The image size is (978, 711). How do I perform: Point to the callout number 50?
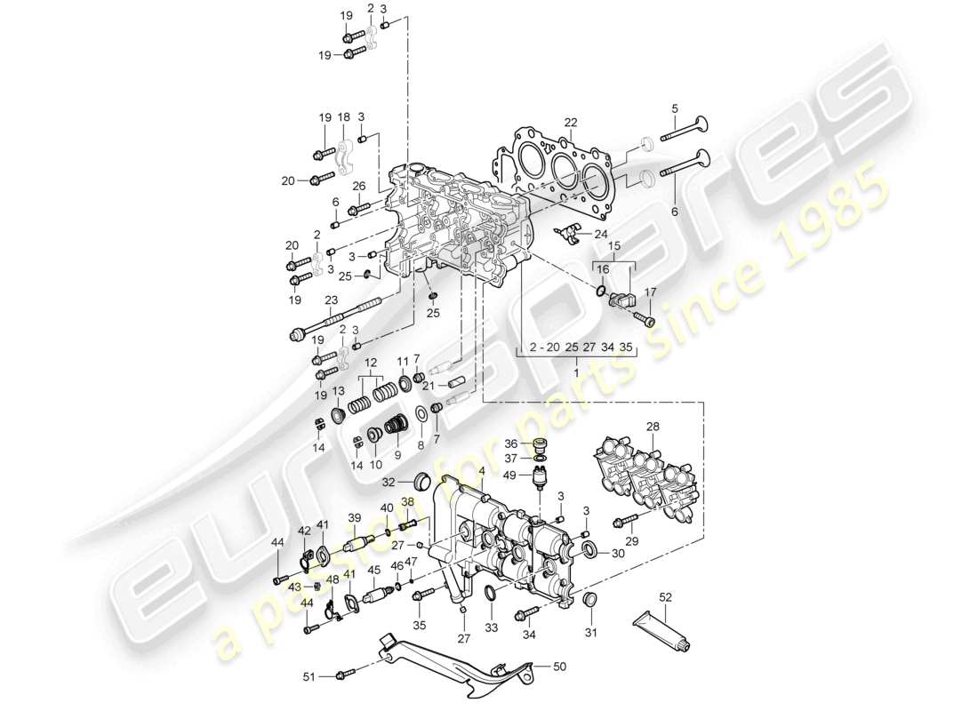559,665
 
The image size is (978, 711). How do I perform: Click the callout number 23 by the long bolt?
332,300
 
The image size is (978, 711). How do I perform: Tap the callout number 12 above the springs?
369,363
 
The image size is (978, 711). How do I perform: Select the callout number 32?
389,483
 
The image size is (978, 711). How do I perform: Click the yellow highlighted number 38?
408,501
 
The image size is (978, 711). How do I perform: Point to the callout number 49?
510,475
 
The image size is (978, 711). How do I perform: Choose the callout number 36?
509,443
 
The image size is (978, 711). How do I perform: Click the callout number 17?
649,291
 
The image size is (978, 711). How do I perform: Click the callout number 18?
344,116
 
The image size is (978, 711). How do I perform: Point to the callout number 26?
359,186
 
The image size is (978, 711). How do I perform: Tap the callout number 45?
374,570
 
